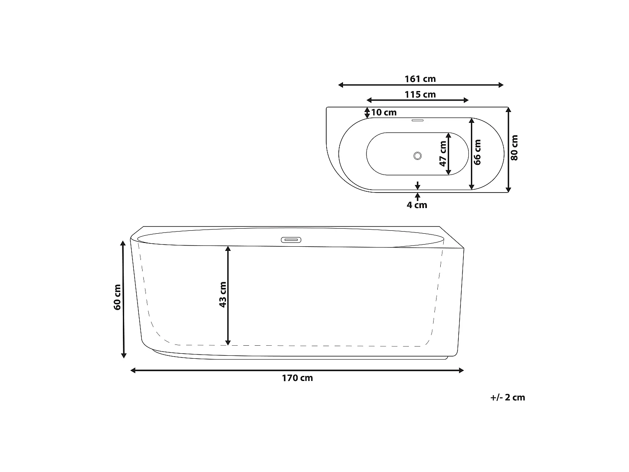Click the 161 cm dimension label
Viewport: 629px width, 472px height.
click(420, 79)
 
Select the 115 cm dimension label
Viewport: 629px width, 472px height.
click(420, 94)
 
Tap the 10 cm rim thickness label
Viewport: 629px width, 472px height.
click(384, 112)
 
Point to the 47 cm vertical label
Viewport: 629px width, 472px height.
click(443, 154)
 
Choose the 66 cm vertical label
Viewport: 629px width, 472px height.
click(477, 152)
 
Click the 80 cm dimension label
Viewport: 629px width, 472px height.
click(515, 148)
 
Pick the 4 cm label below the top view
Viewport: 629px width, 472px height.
click(417, 205)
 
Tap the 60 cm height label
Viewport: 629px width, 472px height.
click(117, 297)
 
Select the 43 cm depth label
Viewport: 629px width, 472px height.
click(223, 295)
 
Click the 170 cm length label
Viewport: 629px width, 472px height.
click(297, 378)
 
